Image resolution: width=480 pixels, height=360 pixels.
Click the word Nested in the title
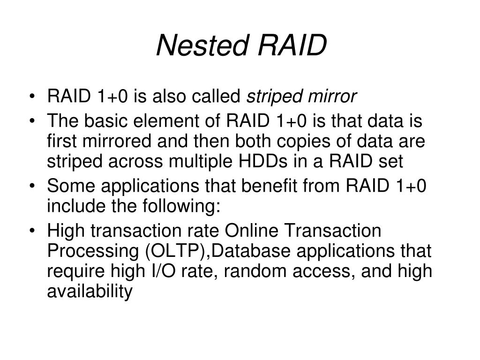[202, 46]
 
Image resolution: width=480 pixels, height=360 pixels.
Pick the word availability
[90, 291]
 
